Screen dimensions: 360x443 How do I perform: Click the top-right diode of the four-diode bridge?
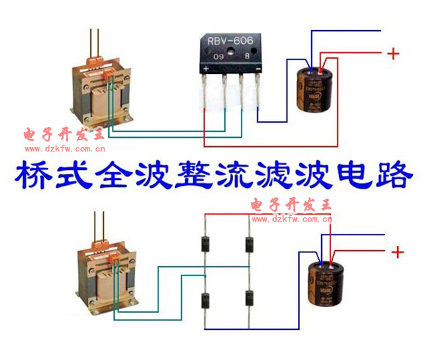(249, 244)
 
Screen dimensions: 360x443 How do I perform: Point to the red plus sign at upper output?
(393, 53)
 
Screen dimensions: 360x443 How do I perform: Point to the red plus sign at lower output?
(399, 252)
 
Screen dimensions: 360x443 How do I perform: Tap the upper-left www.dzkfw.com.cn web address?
(65, 149)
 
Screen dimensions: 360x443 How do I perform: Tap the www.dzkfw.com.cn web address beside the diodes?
(292, 219)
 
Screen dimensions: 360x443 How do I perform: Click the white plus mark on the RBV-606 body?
(206, 68)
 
